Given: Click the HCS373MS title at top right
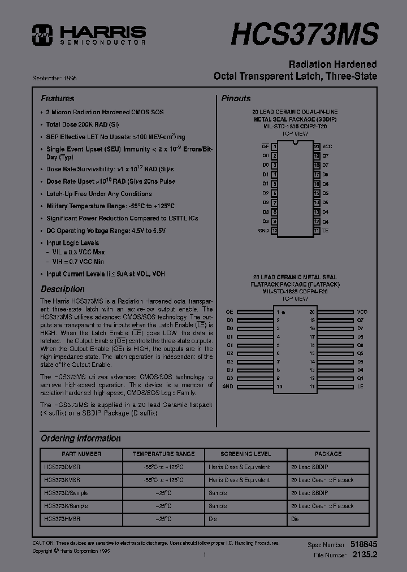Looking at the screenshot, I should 304,34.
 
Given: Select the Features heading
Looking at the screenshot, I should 57,98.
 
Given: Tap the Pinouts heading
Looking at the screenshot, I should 236,98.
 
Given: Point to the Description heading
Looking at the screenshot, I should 62,289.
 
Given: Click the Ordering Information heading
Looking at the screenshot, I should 80,438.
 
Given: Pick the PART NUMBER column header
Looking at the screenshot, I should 81,454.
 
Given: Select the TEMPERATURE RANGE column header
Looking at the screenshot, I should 163,454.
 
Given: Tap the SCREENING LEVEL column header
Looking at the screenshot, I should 246,454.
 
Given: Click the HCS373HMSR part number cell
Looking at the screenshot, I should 62,519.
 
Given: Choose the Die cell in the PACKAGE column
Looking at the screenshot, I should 295,519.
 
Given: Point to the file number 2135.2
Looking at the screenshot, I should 365,555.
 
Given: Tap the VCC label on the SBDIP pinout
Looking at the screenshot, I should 327,146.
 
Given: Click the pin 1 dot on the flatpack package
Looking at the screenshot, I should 283,312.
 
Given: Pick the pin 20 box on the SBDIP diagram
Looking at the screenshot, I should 317,146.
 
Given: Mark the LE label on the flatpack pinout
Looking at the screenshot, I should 360,387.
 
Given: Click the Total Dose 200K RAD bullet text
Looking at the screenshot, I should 83,124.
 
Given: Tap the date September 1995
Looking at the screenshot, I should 58,77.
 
